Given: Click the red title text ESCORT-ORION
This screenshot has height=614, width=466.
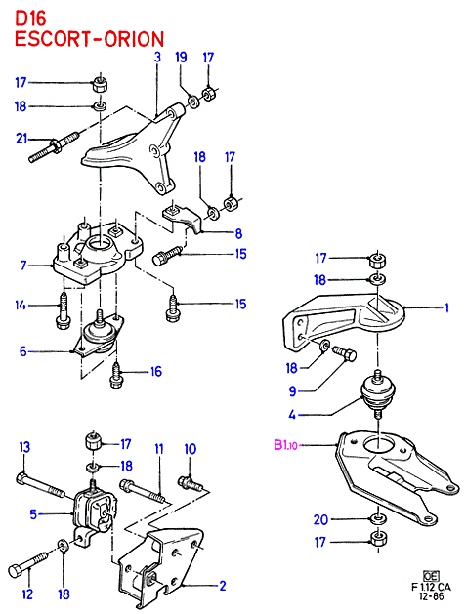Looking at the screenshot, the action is coord(89,39).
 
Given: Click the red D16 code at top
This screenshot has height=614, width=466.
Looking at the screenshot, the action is coord(30,19).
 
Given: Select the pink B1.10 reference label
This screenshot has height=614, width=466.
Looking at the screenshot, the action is coord(286,445).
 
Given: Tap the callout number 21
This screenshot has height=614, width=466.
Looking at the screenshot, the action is coord(21,139).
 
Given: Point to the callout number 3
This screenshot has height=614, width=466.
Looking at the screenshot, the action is coord(157,58).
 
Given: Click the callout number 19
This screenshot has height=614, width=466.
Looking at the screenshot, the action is coord(181,58).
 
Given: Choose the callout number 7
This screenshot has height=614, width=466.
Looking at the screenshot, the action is coord(23,266).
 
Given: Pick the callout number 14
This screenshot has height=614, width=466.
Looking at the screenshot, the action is coord(21,305).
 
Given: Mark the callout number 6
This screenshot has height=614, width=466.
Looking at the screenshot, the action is coord(23,351).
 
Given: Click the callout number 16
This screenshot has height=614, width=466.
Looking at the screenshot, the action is coord(156,371).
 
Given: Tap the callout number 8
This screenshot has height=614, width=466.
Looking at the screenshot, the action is coord(238,233).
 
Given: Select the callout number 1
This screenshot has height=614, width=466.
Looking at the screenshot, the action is coord(446,308).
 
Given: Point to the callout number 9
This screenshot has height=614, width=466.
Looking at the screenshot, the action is coord(292,390).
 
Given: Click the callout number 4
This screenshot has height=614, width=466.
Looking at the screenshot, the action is coord(292,414).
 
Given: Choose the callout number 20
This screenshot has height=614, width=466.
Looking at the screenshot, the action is coord(320,519).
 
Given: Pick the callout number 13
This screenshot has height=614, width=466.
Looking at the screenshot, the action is coord(24,447).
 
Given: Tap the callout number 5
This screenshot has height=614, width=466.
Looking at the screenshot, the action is coord(34,514).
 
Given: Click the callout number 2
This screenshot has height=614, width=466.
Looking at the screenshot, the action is coord(223,586).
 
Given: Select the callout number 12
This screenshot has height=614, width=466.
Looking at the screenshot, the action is coord(27,594).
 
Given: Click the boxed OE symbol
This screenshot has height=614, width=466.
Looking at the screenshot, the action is coord(431,576).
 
